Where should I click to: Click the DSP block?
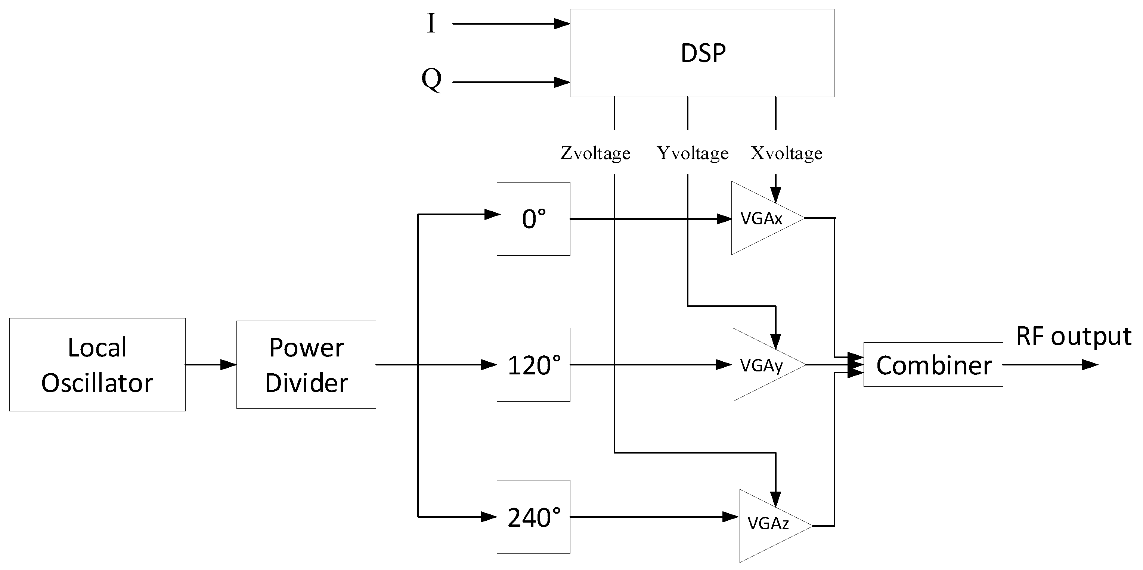coord(701,53)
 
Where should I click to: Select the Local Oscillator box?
coord(97,365)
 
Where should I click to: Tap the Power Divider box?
coord(306,365)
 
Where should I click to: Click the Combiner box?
coord(933,365)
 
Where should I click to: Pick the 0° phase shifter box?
coord(533,219)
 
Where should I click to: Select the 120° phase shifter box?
coord(533,365)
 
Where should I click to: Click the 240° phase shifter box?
coord(533,516)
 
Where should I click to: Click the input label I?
coord(431,24)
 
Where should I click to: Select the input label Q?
coord(431,80)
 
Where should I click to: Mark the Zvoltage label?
coord(595,153)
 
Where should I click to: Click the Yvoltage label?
coord(693,153)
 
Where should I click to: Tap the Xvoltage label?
coord(786,153)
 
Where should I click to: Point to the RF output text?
coord(1074,336)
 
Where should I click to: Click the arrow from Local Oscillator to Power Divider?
coord(210,365)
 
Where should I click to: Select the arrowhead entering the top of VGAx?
coord(775,194)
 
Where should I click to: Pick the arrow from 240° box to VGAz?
coord(652,516)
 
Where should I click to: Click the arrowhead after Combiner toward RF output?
coord(1090,365)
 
